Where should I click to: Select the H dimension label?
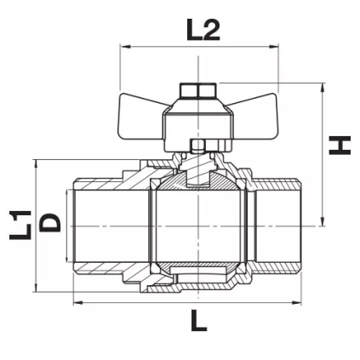point(340,145)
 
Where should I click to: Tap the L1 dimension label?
point(19,225)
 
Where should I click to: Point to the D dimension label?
point(51,223)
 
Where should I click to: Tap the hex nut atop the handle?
point(197,89)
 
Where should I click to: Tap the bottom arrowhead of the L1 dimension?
point(36,289)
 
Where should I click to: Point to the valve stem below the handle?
point(197,149)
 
